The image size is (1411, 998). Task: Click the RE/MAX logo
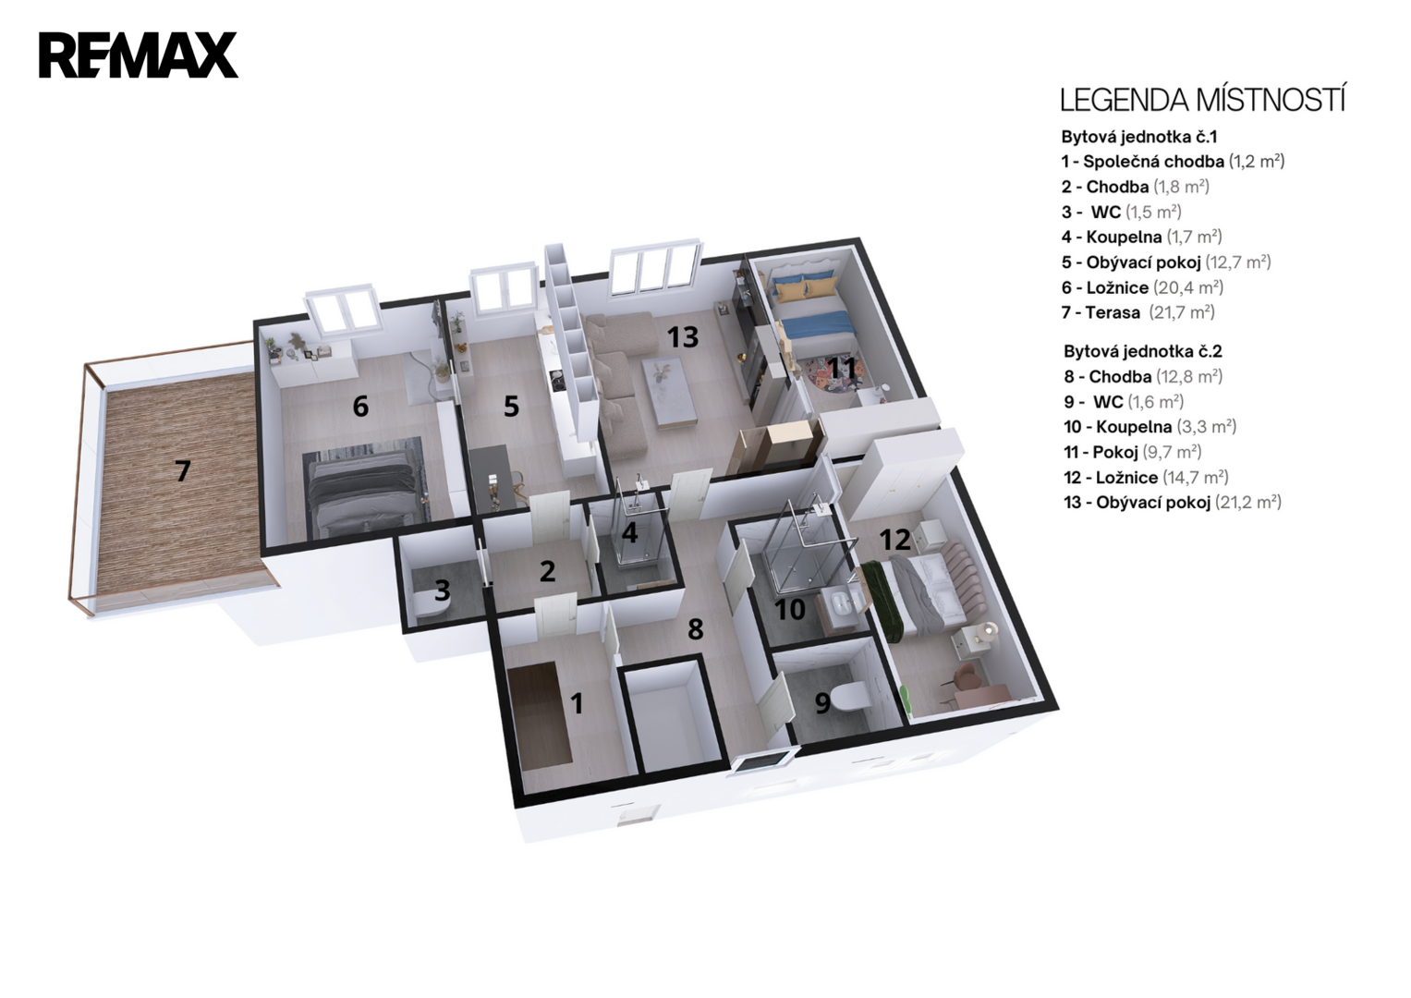tap(139, 55)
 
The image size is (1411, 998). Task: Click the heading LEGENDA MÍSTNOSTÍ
tap(1202, 100)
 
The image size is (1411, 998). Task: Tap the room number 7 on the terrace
tap(183, 471)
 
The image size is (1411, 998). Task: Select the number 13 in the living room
tap(683, 337)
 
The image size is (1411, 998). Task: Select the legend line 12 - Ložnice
tap(1146, 478)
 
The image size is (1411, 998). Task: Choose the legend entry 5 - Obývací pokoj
tap(1166, 262)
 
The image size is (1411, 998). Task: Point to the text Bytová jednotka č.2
tap(1143, 351)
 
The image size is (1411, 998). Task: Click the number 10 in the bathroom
tap(790, 609)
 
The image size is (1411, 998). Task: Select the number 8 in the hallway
tap(696, 629)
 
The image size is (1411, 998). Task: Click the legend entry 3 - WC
tap(1121, 212)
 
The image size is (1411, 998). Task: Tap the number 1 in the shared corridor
tap(577, 703)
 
